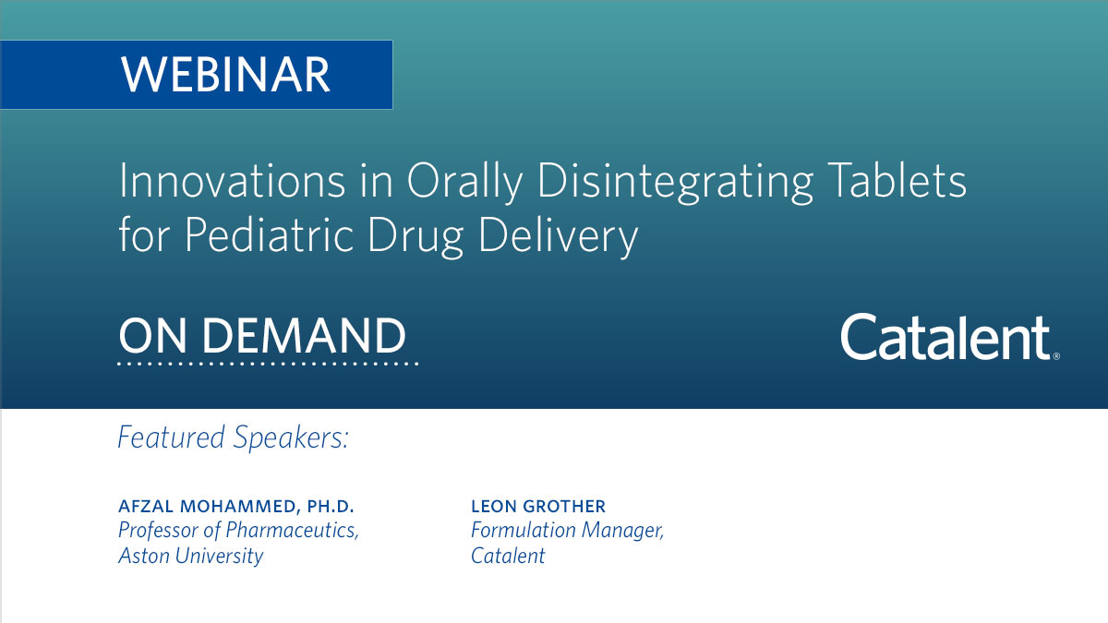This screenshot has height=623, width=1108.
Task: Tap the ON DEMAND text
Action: click(262, 337)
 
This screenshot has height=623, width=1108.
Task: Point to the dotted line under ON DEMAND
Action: click(268, 364)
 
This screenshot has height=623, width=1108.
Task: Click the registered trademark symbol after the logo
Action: click(1055, 354)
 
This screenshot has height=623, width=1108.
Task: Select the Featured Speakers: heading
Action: click(234, 437)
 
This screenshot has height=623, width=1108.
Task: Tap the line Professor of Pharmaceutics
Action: click(238, 531)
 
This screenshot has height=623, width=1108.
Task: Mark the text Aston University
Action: click(191, 556)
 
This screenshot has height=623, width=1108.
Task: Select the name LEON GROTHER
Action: click(538, 507)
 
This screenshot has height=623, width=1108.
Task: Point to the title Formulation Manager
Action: click(567, 531)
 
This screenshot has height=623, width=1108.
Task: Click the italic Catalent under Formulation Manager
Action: click(508, 556)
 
